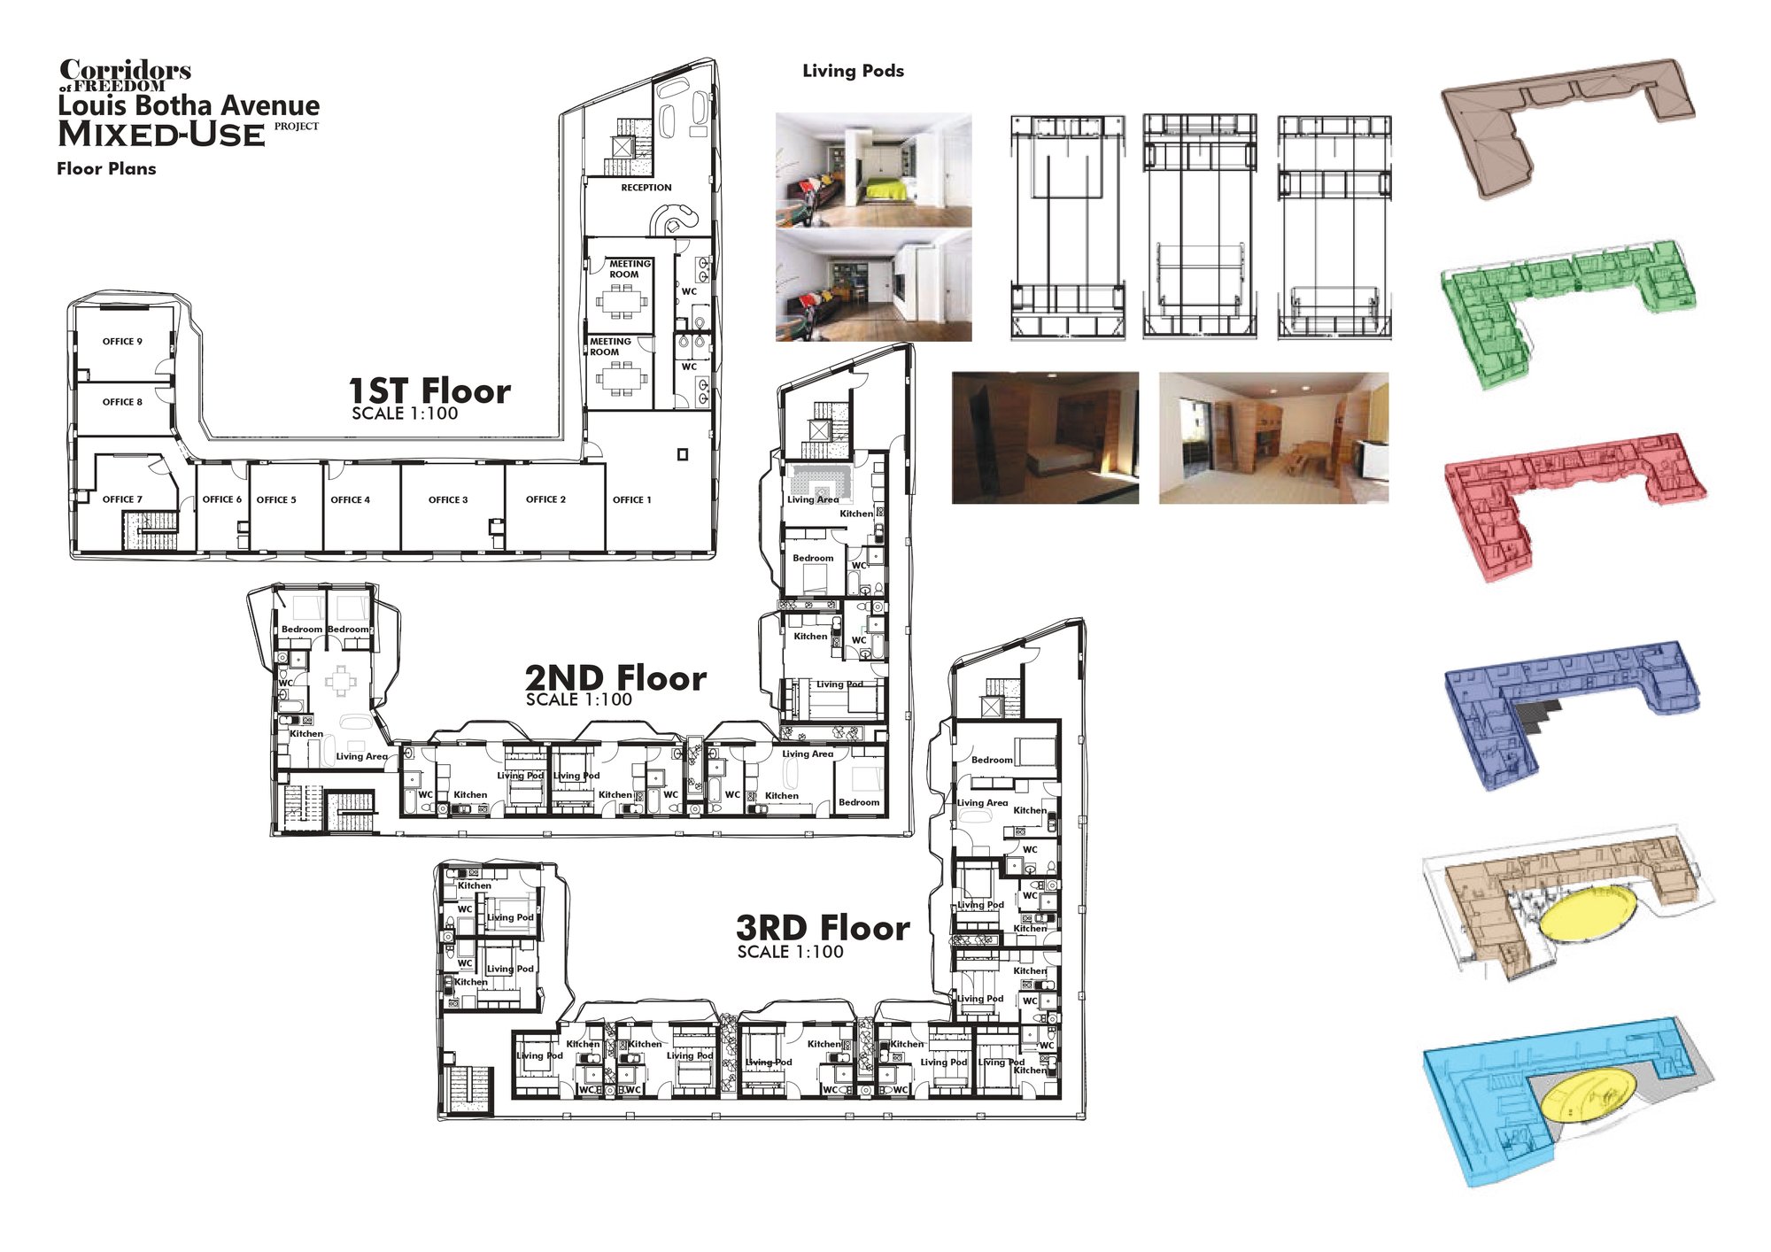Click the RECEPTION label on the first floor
[646, 188]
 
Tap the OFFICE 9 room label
[122, 342]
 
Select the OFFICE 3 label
[448, 500]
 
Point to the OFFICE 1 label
[631, 500]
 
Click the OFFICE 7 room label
[122, 500]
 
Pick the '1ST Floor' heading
[429, 390]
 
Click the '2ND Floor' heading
[615, 678]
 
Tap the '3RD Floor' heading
[823, 928]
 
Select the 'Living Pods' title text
[853, 71]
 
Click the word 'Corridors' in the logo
[125, 70]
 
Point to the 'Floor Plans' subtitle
[106, 168]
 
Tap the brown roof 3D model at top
[1567, 126]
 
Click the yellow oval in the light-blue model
[1586, 1096]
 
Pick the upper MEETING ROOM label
[629, 269]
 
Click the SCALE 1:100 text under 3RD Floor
[790, 952]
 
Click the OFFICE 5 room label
[276, 500]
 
